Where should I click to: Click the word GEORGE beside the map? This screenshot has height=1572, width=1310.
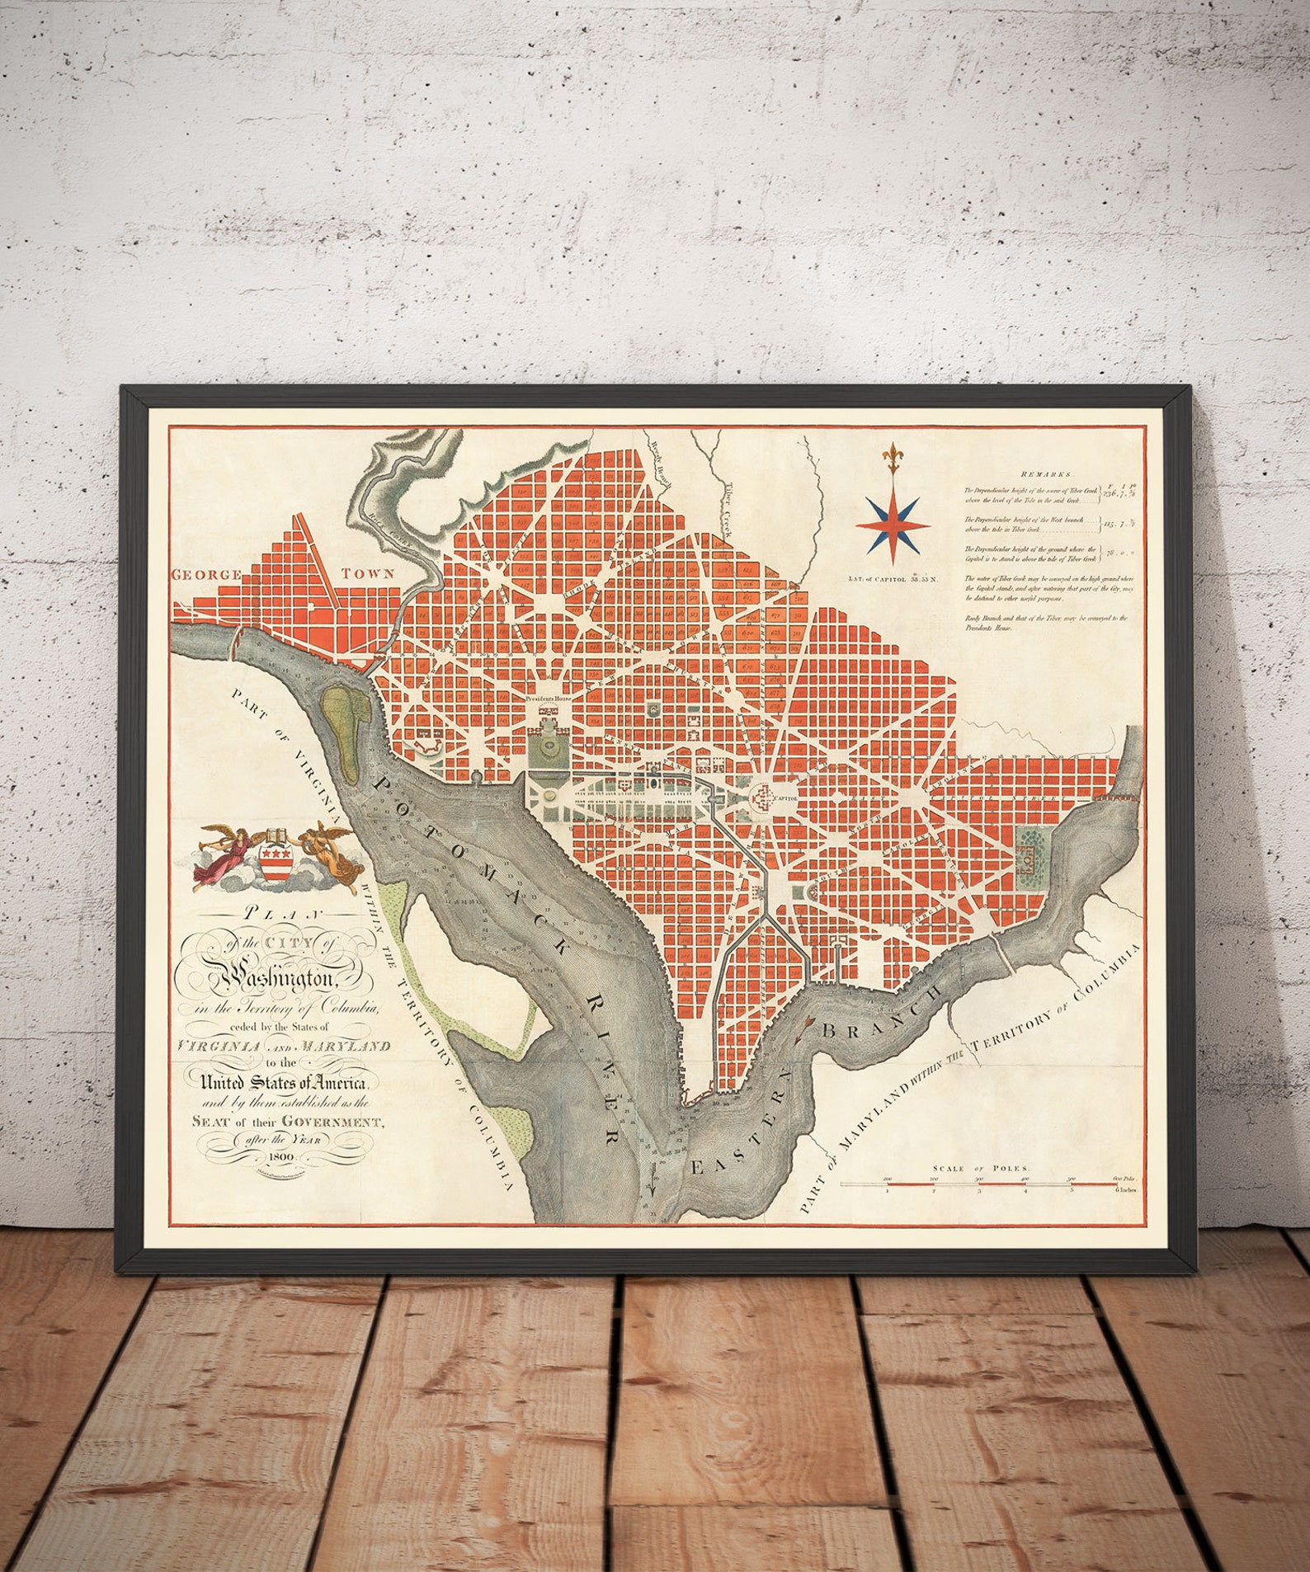pos(206,574)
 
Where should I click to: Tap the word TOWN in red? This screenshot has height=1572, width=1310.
pos(368,573)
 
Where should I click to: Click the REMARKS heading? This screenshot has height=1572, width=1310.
pos(1045,474)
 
